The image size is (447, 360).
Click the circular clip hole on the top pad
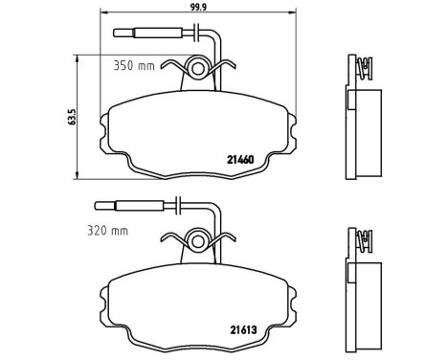pyautogui.click(x=197, y=67)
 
